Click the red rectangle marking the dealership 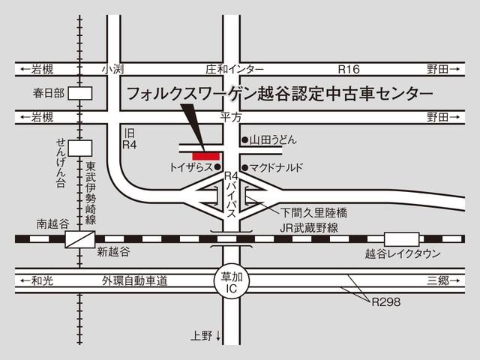pos(205,155)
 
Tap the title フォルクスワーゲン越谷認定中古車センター pos(279,94)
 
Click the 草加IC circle pos(230,282)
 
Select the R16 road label pos(349,69)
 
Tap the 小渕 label pos(113,69)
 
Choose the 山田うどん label pos(274,140)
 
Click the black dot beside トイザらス pos(218,167)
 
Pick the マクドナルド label pos(277,167)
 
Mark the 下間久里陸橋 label pos(314,213)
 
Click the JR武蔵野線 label pos(309,227)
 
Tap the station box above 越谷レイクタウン pos(401,238)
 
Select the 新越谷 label pos(113,252)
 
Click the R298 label pos(386,303)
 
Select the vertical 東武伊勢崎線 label pos(90,193)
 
